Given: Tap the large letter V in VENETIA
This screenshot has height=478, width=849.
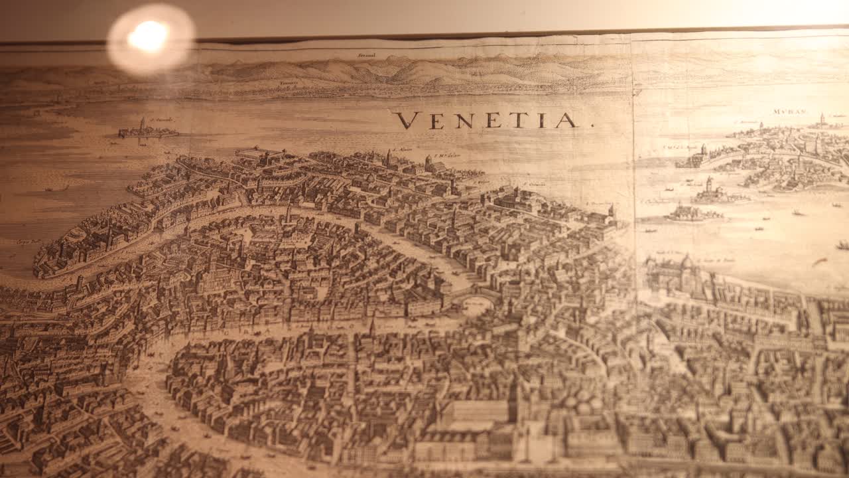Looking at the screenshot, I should coord(405,120).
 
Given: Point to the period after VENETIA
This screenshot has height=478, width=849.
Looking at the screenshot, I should coord(592,125).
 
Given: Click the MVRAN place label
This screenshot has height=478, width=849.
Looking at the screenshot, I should coord(788,112).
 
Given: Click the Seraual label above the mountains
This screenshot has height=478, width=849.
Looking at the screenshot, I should coord(366,55).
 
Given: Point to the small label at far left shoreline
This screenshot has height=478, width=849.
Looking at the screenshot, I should coord(29,242).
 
